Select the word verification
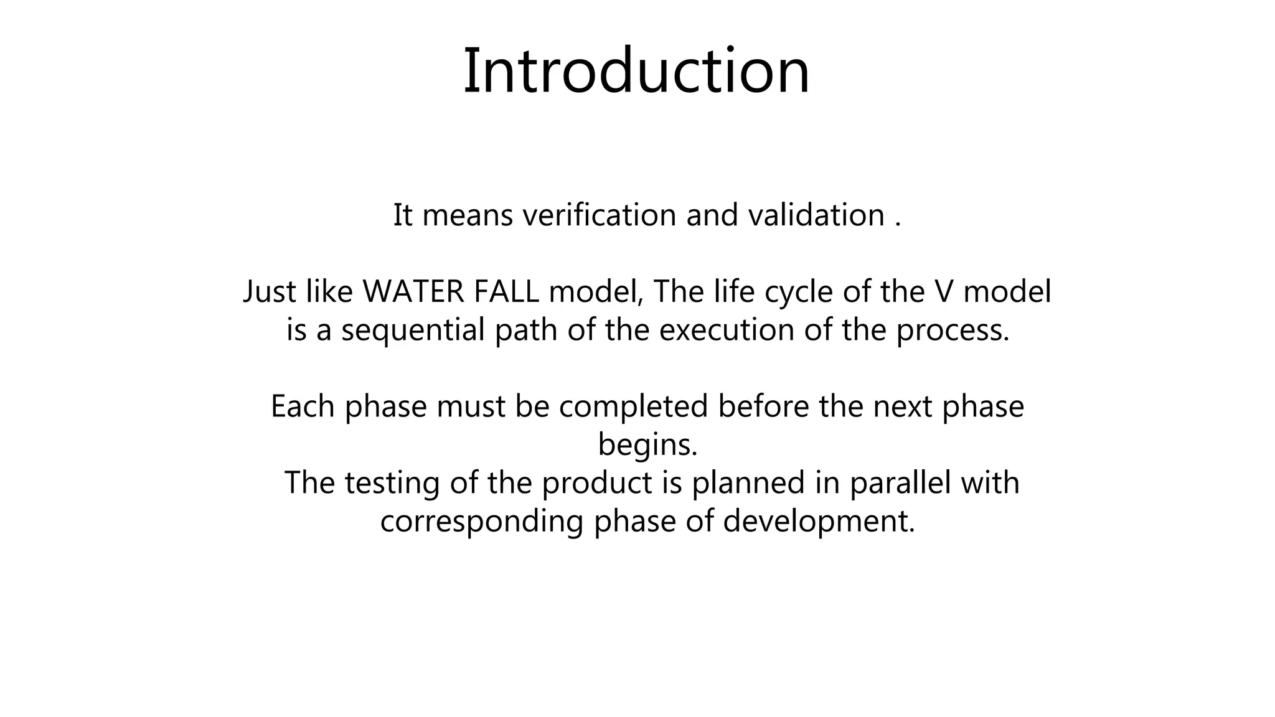(x=599, y=215)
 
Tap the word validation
(x=816, y=215)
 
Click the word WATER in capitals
(x=413, y=291)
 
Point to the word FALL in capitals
(x=506, y=291)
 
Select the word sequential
(x=413, y=330)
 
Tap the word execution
(x=727, y=330)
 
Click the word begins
(x=647, y=445)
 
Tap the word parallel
(x=900, y=483)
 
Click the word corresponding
(x=481, y=522)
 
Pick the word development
(x=819, y=522)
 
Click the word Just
(x=269, y=291)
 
